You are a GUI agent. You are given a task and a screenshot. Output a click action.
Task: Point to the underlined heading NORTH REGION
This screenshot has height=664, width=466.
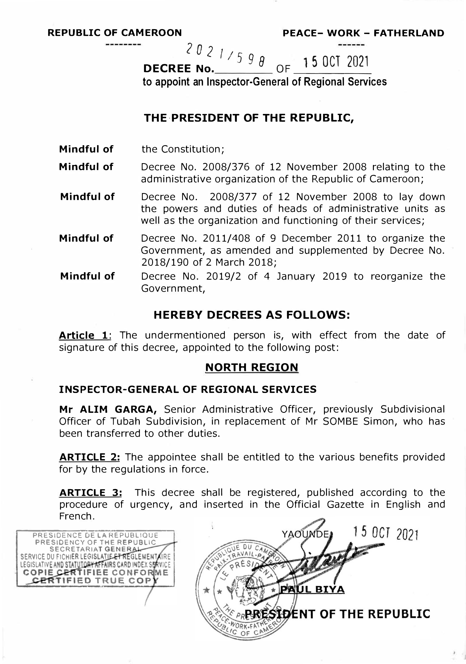click(251, 367)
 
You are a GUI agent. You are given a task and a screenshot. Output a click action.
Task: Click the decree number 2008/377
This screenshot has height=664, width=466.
click(233, 197)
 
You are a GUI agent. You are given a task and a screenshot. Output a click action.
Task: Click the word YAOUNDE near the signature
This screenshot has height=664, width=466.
click(305, 534)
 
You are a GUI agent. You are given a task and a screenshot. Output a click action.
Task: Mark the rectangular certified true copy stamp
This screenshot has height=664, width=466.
click(95, 558)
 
